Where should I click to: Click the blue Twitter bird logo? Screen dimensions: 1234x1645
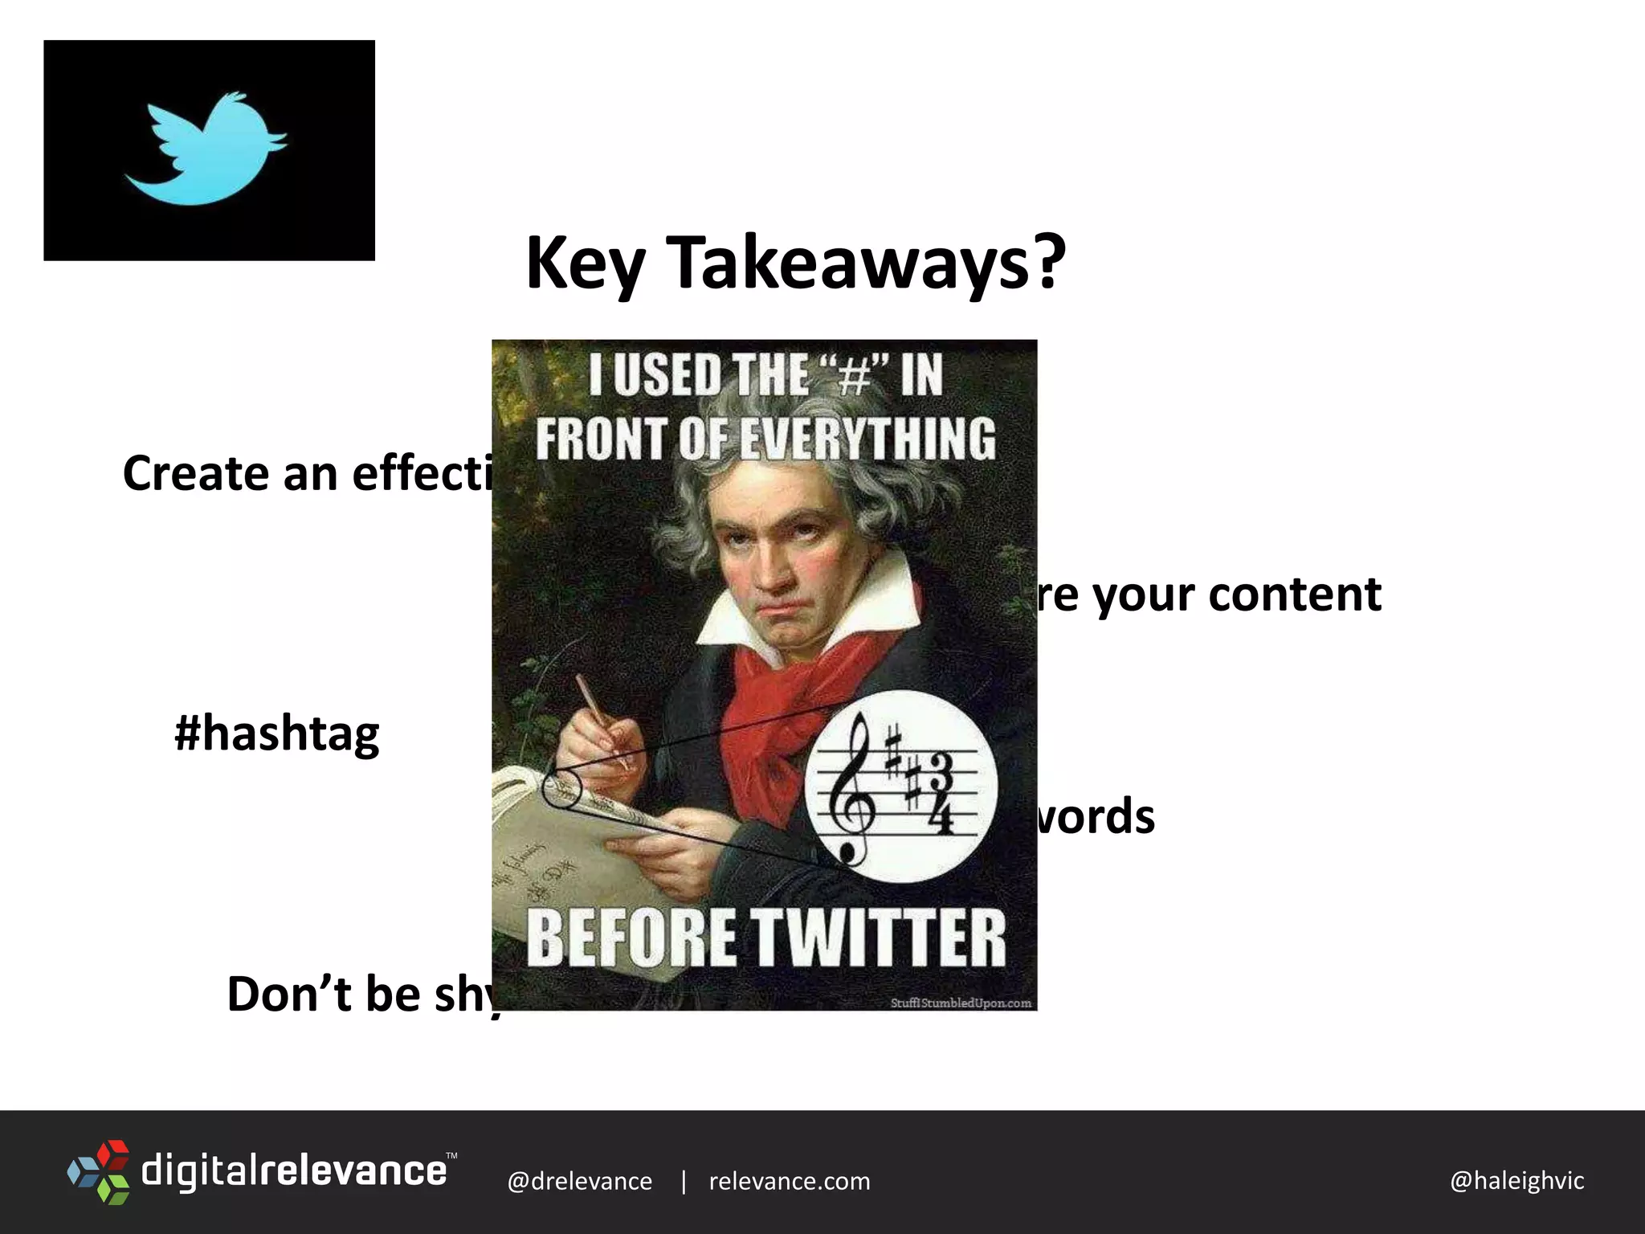(206, 149)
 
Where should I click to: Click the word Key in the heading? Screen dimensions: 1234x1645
(585, 265)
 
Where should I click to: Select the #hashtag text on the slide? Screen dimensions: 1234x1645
(277, 734)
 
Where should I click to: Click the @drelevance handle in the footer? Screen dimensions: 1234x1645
(579, 1181)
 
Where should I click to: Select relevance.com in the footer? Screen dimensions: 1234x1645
(790, 1181)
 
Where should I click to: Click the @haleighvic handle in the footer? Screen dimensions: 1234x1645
(1516, 1180)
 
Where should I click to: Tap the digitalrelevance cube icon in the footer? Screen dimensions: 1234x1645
(99, 1171)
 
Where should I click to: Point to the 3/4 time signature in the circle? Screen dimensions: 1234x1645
(939, 792)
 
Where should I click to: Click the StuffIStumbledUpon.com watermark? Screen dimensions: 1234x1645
(961, 1003)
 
